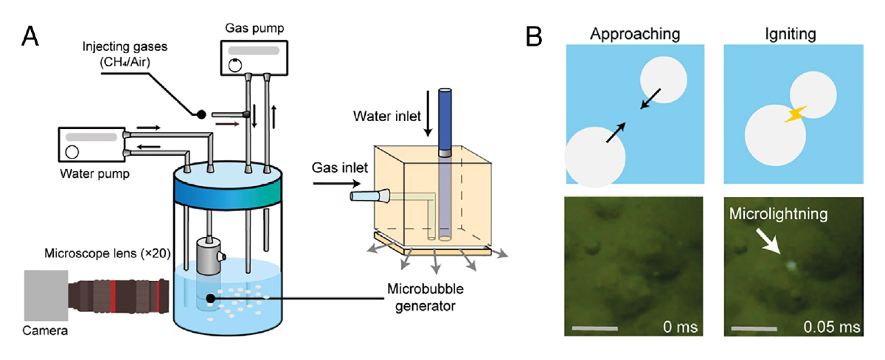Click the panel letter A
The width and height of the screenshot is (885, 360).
(x=31, y=35)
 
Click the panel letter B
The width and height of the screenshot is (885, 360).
(x=536, y=35)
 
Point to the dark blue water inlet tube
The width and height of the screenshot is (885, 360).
(x=444, y=118)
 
